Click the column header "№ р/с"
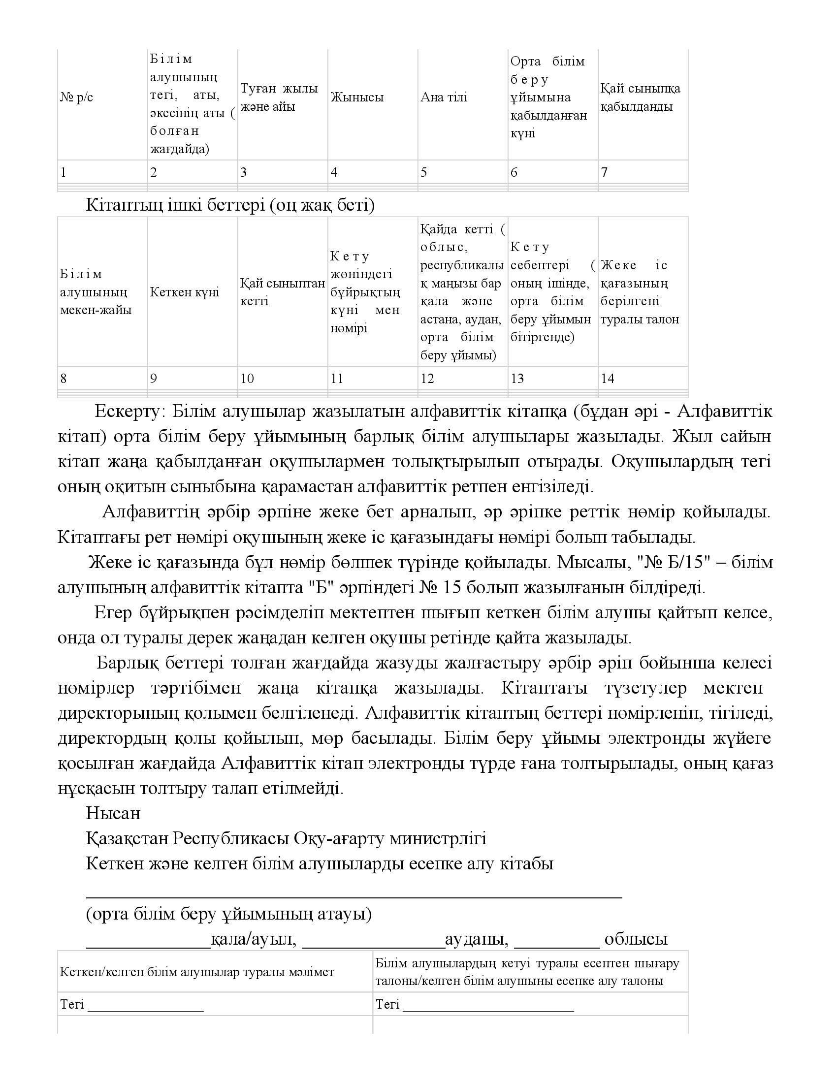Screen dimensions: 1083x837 coord(76,97)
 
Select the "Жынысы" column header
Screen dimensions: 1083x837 coord(357,97)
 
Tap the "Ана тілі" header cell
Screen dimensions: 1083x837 coord(444,97)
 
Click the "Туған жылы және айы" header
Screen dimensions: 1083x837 coord(279,97)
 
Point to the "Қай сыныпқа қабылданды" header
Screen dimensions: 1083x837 coord(640,97)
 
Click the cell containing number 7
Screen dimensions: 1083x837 coord(605,172)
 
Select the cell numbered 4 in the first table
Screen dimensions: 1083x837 coord(334,172)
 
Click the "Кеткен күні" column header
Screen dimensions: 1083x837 coord(185,292)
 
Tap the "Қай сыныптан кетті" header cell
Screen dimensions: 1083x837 coord(282,292)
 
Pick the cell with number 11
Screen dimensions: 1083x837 coord(337,379)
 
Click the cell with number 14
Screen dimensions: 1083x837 coord(608,379)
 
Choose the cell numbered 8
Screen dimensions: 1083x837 coord(64,379)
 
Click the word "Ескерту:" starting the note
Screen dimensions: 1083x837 coord(127,412)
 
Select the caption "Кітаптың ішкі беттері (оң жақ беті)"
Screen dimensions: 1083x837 coord(230,205)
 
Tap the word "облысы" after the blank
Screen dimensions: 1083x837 coord(636,939)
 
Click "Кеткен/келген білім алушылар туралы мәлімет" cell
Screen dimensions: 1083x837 coord(197,972)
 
